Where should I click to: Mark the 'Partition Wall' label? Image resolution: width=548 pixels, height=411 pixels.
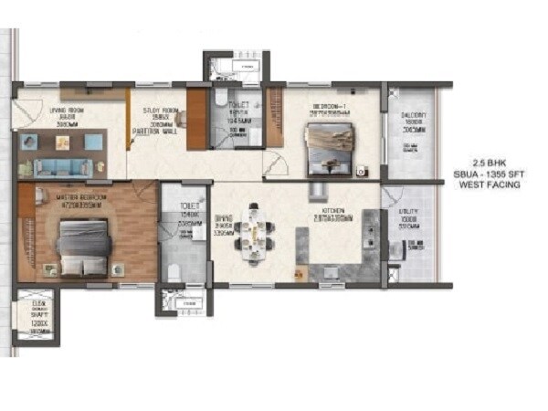[x=160, y=131]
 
